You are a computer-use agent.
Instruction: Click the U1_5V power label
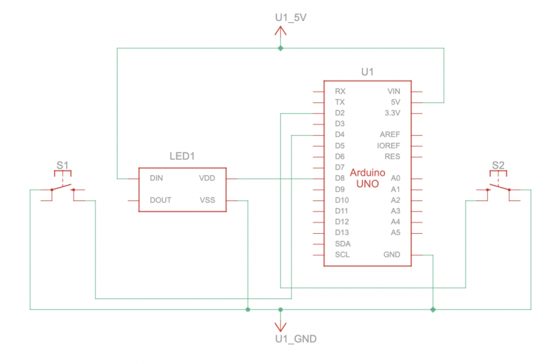click(x=290, y=17)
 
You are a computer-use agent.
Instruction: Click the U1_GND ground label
click(x=295, y=339)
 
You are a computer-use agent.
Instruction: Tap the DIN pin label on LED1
click(x=156, y=178)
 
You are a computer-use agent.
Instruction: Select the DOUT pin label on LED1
click(x=160, y=200)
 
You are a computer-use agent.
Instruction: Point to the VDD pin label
click(x=207, y=178)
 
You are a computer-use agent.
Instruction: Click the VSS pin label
click(x=207, y=200)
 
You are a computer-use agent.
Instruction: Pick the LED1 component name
click(x=182, y=156)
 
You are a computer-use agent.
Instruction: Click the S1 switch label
click(x=62, y=165)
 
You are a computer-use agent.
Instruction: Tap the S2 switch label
click(x=498, y=165)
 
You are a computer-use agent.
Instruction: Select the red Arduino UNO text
click(x=367, y=178)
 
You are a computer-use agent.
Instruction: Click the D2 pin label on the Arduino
click(x=339, y=113)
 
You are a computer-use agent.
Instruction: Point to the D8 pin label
click(x=339, y=178)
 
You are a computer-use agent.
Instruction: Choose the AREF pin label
click(x=390, y=134)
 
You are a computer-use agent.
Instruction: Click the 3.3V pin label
click(x=392, y=113)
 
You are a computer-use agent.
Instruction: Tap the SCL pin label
click(x=342, y=254)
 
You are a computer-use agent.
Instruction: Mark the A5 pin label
click(x=395, y=232)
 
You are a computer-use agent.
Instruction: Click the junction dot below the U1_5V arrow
click(x=281, y=48)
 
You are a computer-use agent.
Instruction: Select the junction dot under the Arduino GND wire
click(x=433, y=309)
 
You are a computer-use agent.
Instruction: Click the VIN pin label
click(x=394, y=91)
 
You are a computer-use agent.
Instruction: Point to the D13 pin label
click(x=342, y=232)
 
